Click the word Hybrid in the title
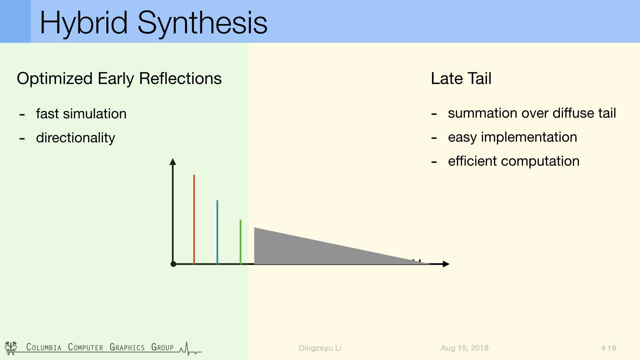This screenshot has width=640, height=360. click(84, 23)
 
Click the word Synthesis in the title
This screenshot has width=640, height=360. click(202, 23)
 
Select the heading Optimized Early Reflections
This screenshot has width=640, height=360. click(119, 79)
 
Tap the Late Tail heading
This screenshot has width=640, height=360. click(461, 79)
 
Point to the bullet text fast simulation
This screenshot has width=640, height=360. click(81, 114)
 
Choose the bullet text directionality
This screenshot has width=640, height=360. click(75, 138)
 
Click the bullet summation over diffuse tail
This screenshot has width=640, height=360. click(532, 113)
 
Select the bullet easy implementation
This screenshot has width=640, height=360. click(512, 137)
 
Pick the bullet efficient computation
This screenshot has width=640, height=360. click(513, 161)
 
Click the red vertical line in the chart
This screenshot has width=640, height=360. click(194, 219)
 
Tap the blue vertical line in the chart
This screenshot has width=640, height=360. click(217, 232)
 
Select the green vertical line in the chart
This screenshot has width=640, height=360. click(240, 242)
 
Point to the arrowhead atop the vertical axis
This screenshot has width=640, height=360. click(173, 162)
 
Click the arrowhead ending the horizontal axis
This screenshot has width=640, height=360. click(446, 264)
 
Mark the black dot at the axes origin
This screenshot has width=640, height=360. click(173, 264)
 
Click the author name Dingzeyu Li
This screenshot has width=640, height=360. click(320, 348)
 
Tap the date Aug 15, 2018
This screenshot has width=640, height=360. click(464, 348)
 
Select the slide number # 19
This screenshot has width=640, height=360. click(609, 348)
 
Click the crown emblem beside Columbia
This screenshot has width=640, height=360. click(11, 348)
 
